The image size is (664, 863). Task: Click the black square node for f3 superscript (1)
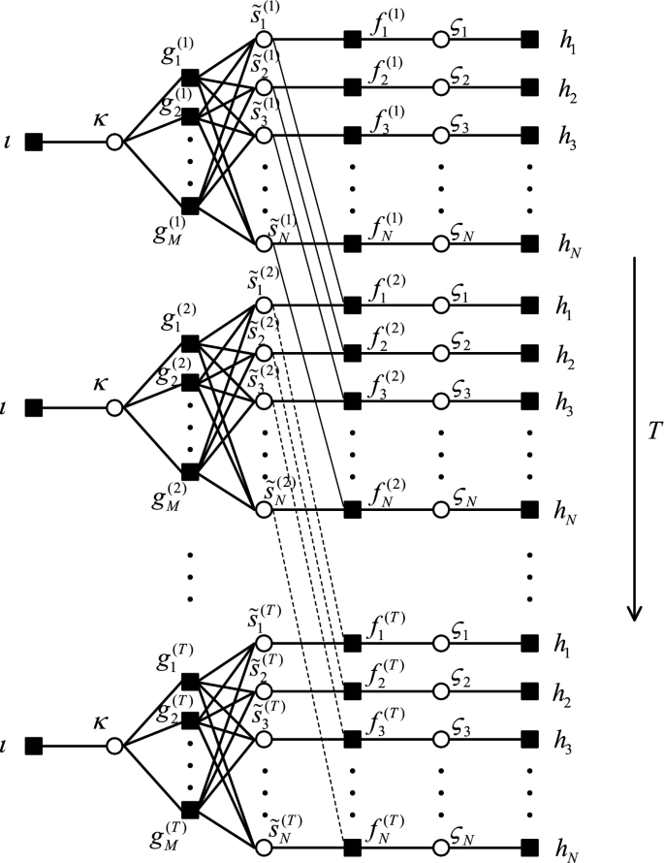tap(352, 134)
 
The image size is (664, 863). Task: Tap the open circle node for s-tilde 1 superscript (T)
tap(263, 642)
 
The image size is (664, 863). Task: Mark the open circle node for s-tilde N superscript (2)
tap(263, 508)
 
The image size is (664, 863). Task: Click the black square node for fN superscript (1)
tap(352, 242)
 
